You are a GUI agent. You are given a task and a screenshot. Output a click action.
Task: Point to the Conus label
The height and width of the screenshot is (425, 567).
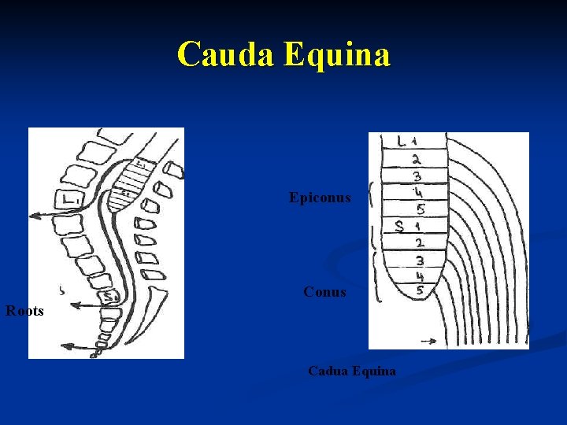coord(324,292)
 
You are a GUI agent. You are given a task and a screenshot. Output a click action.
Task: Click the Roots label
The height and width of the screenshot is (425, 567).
coord(24,311)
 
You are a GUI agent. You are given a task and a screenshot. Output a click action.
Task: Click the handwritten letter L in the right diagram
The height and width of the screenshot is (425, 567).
coord(402,142)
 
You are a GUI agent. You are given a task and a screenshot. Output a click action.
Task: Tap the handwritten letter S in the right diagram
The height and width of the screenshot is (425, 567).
coord(399,227)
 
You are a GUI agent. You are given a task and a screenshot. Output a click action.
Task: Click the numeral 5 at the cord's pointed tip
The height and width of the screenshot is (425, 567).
coord(418,291)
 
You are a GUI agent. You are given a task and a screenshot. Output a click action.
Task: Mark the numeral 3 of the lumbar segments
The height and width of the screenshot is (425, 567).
coord(417,176)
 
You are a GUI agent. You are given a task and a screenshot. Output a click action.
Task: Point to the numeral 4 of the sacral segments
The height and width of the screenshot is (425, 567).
coord(419,276)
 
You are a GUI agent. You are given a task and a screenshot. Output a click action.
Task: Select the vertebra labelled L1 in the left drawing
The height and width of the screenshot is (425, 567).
coord(69,201)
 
